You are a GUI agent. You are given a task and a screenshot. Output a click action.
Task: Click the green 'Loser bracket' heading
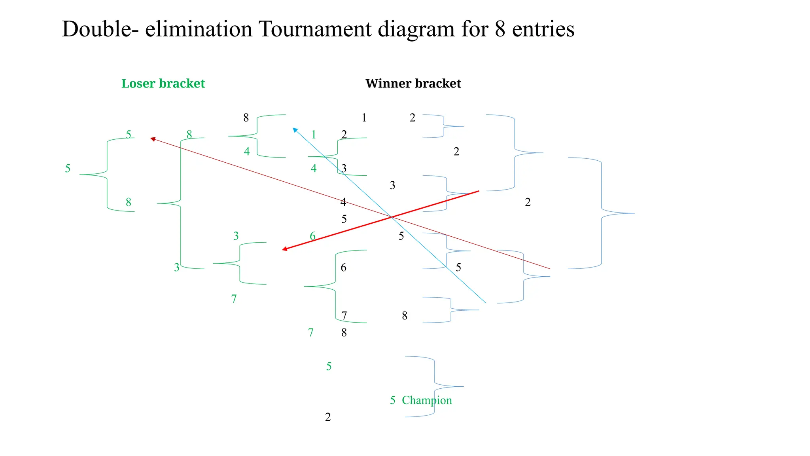(x=163, y=84)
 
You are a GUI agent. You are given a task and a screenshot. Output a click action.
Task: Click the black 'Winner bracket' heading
(x=413, y=84)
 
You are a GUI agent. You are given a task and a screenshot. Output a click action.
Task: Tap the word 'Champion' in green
(x=427, y=400)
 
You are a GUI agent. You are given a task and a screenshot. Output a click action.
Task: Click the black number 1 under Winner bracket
(x=364, y=118)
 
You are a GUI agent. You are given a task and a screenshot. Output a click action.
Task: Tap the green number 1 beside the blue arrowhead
(x=314, y=135)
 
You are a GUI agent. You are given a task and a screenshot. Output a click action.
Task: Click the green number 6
(x=312, y=236)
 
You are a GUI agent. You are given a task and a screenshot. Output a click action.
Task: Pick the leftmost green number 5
(x=68, y=169)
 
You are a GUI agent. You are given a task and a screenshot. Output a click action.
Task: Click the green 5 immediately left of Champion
(x=392, y=400)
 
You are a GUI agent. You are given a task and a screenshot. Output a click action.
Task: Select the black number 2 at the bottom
(x=328, y=417)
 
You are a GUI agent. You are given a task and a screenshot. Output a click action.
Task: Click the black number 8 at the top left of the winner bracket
(x=246, y=118)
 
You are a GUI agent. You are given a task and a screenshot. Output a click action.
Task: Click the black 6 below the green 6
(x=343, y=268)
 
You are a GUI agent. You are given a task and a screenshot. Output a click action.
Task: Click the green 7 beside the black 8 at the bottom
(x=311, y=332)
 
